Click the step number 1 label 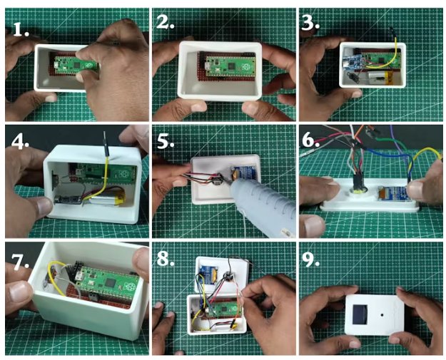tap(21, 29)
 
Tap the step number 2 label tap(165, 22)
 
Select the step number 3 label tap(310, 23)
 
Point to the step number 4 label tap(20, 142)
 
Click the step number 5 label tap(166, 140)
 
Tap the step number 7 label tap(20, 262)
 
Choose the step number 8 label tap(166, 258)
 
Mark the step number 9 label tap(310, 259)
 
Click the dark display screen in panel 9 tap(360, 314)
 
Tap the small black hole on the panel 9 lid tap(382, 315)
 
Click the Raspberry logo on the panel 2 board tap(245, 67)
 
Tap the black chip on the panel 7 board tap(110, 283)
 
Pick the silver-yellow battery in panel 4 tap(108, 197)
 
